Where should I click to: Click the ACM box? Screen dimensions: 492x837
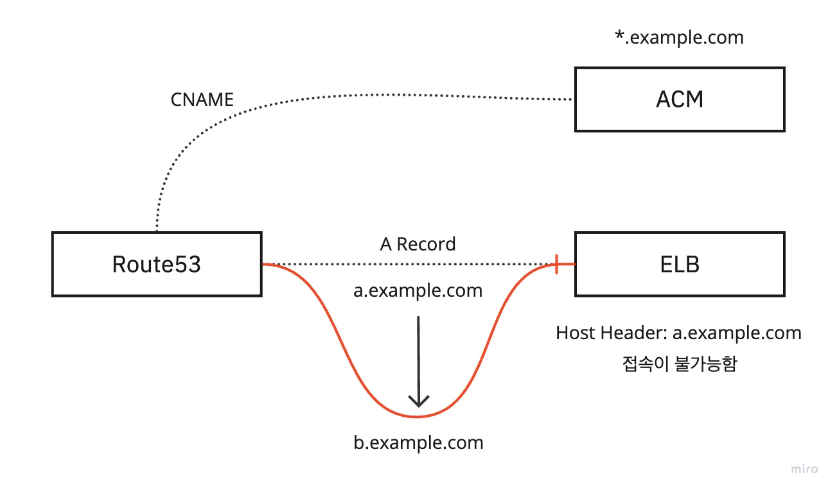point(679,100)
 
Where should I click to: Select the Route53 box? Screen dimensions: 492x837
point(156,264)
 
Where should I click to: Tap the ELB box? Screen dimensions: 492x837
point(679,264)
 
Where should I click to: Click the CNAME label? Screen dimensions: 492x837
point(202,100)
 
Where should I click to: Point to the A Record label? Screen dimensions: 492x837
point(418,244)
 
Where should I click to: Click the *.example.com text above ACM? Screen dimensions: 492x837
point(679,37)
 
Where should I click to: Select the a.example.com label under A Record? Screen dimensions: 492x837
point(418,291)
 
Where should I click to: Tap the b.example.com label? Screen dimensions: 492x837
point(418,443)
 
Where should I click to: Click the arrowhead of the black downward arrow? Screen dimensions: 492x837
point(419,402)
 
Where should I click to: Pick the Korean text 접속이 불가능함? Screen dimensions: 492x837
point(679,364)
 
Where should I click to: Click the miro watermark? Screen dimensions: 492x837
point(805,469)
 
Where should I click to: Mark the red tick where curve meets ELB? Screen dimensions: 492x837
point(557,264)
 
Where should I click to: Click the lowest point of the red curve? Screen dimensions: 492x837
point(418,417)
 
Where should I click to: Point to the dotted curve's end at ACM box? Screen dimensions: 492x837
point(571,100)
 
